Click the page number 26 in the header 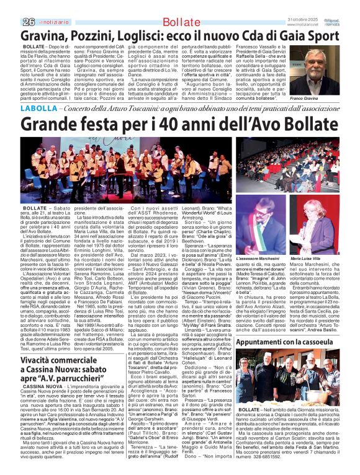10,5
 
